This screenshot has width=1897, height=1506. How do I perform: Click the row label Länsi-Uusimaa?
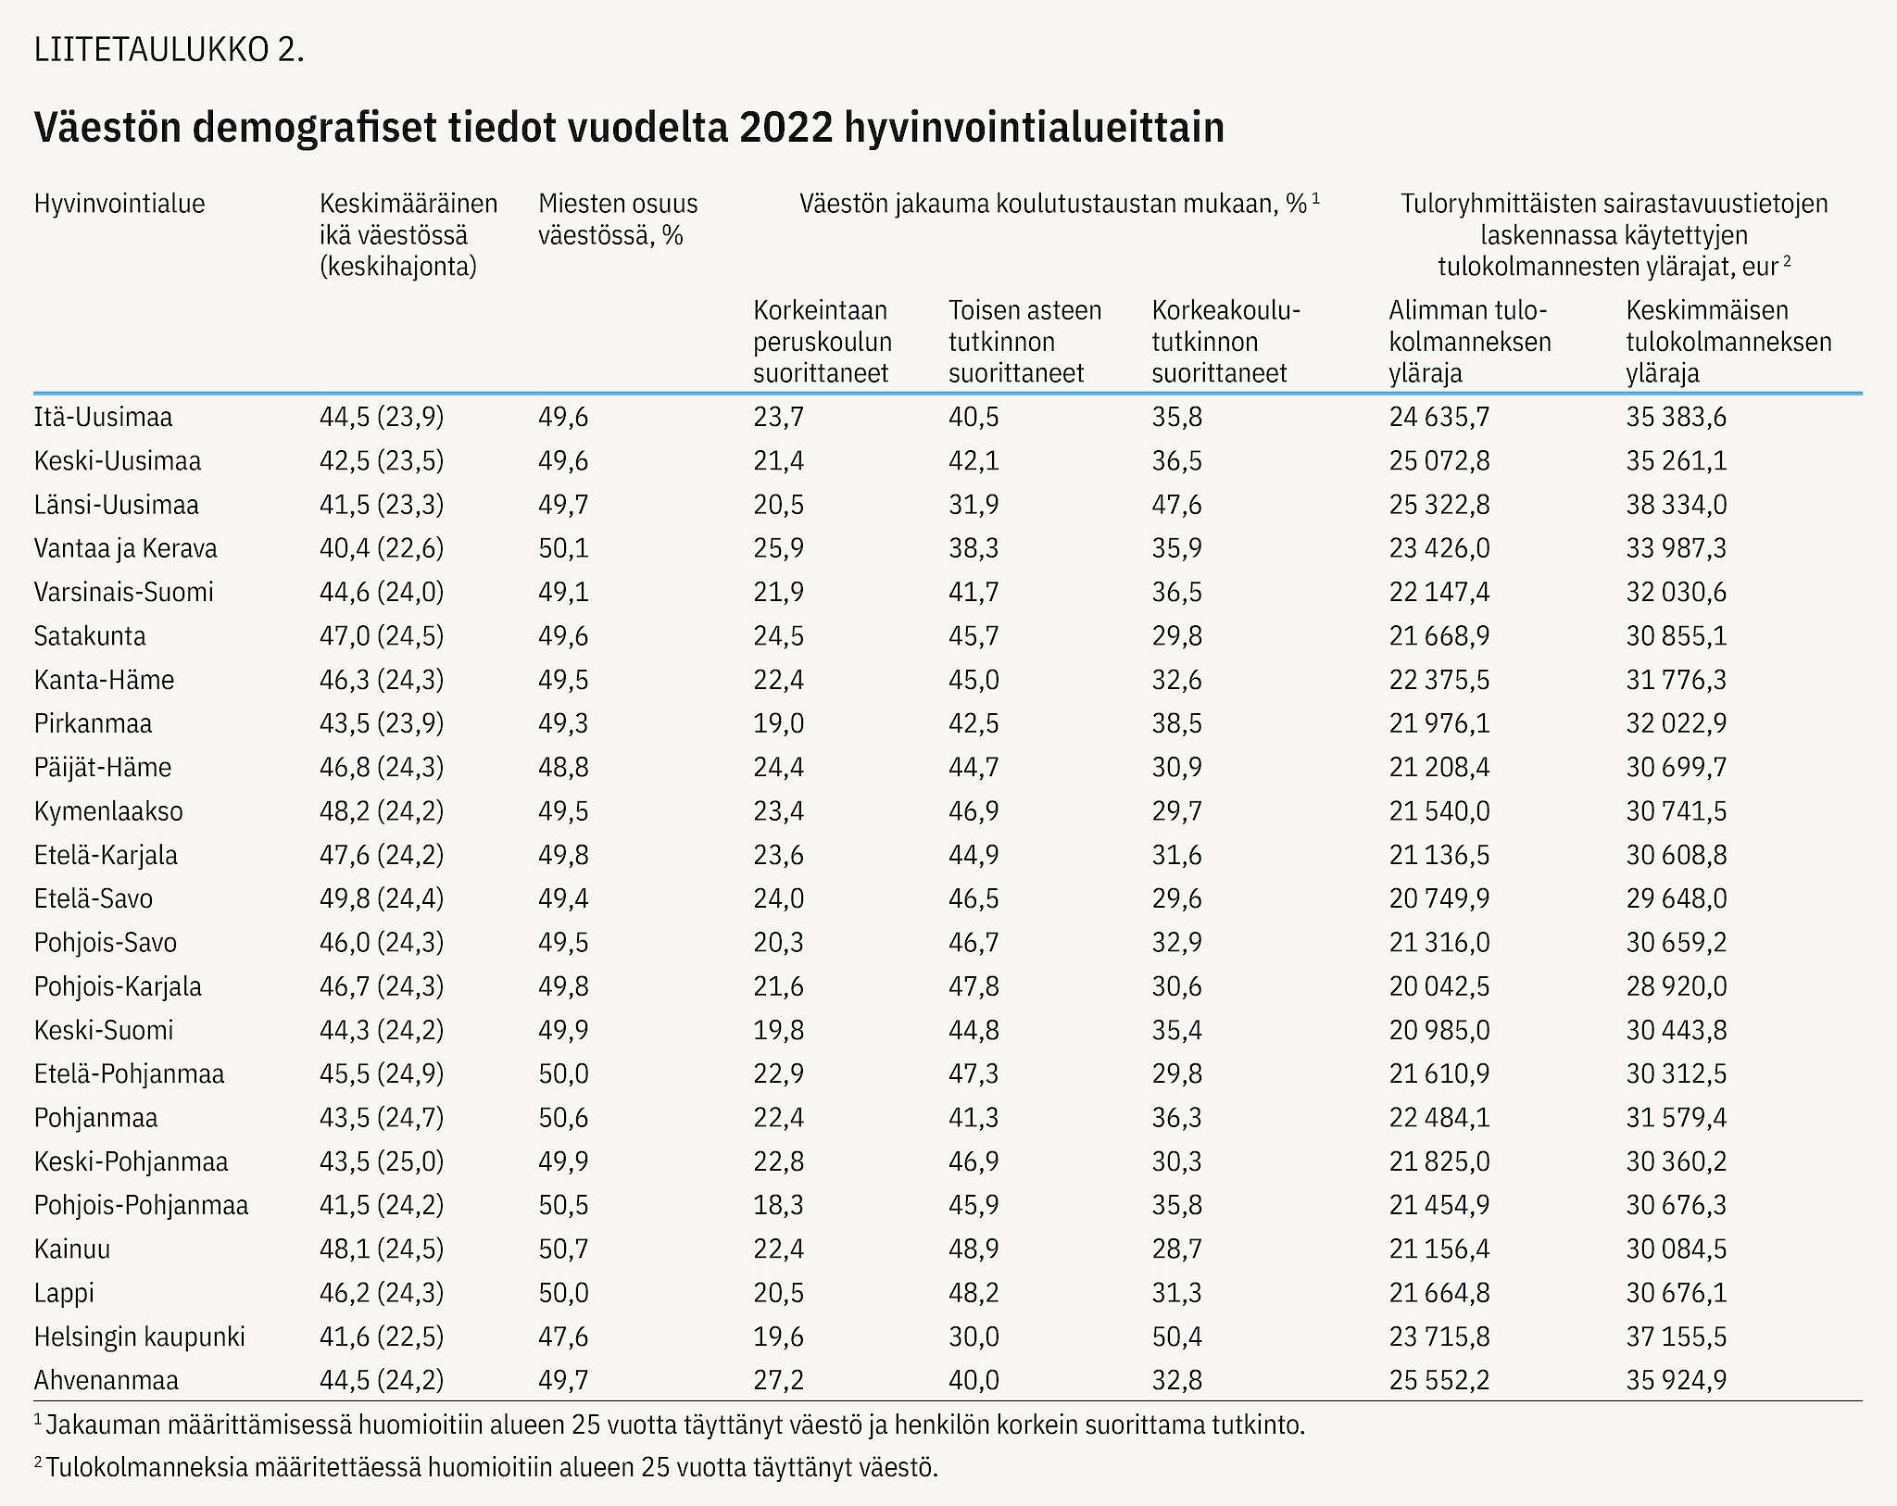click(x=117, y=505)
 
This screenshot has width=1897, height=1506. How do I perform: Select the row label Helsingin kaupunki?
click(x=140, y=1337)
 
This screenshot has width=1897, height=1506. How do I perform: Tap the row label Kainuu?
click(x=72, y=1249)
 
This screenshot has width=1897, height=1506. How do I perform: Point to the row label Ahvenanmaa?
click(x=107, y=1380)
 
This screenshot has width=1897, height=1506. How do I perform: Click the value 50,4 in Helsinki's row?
click(x=1177, y=1337)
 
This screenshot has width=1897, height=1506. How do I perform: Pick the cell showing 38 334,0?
click(x=1677, y=505)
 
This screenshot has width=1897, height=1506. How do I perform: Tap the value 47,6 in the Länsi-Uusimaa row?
click(x=1177, y=505)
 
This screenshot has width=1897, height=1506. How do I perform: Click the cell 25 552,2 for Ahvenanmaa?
click(x=1439, y=1380)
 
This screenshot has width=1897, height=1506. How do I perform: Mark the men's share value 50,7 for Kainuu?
click(x=563, y=1249)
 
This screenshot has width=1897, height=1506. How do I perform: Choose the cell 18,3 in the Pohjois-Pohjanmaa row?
click(x=779, y=1205)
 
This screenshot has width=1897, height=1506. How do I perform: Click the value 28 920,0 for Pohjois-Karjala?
click(x=1677, y=985)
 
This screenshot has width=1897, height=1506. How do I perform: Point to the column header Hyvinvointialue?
click(x=119, y=204)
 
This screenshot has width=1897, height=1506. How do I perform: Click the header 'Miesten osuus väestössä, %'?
click(x=618, y=220)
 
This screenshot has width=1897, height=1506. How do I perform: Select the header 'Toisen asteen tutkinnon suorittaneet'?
click(x=1025, y=341)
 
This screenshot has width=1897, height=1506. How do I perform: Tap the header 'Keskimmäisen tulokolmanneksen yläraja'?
click(x=1728, y=341)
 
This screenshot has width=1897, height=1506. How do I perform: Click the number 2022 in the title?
click(x=786, y=128)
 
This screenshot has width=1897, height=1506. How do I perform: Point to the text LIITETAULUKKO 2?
click(x=170, y=49)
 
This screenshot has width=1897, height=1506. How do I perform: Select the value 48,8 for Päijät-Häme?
click(x=563, y=767)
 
